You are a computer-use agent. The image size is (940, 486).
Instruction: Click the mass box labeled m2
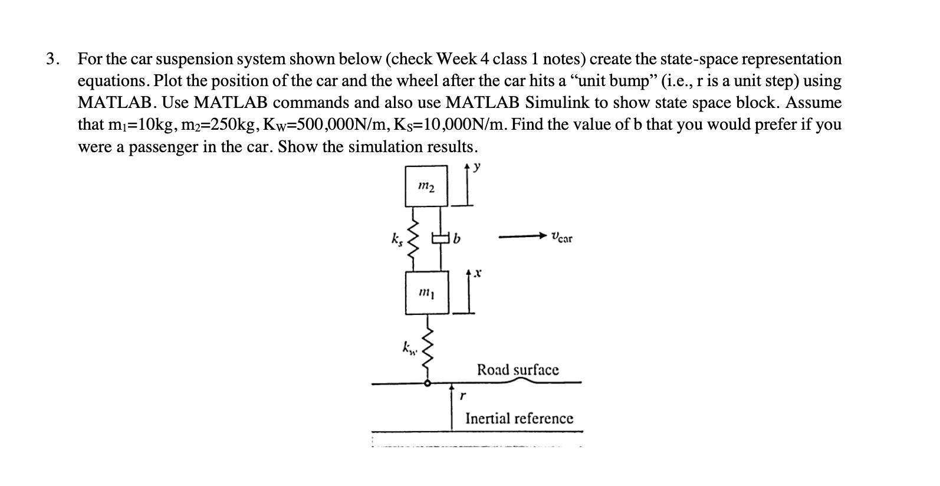tap(426, 186)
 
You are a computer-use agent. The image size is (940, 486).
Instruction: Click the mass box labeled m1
tap(426, 293)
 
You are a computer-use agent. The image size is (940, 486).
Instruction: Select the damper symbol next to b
tap(441, 239)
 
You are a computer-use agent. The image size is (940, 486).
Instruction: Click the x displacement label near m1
tap(478, 274)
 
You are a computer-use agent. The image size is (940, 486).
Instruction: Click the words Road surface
tap(518, 370)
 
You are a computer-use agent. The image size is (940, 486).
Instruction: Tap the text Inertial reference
tap(519, 418)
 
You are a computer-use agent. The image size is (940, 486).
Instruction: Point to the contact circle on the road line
tap(429, 383)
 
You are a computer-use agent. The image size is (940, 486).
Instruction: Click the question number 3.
tap(52, 59)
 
